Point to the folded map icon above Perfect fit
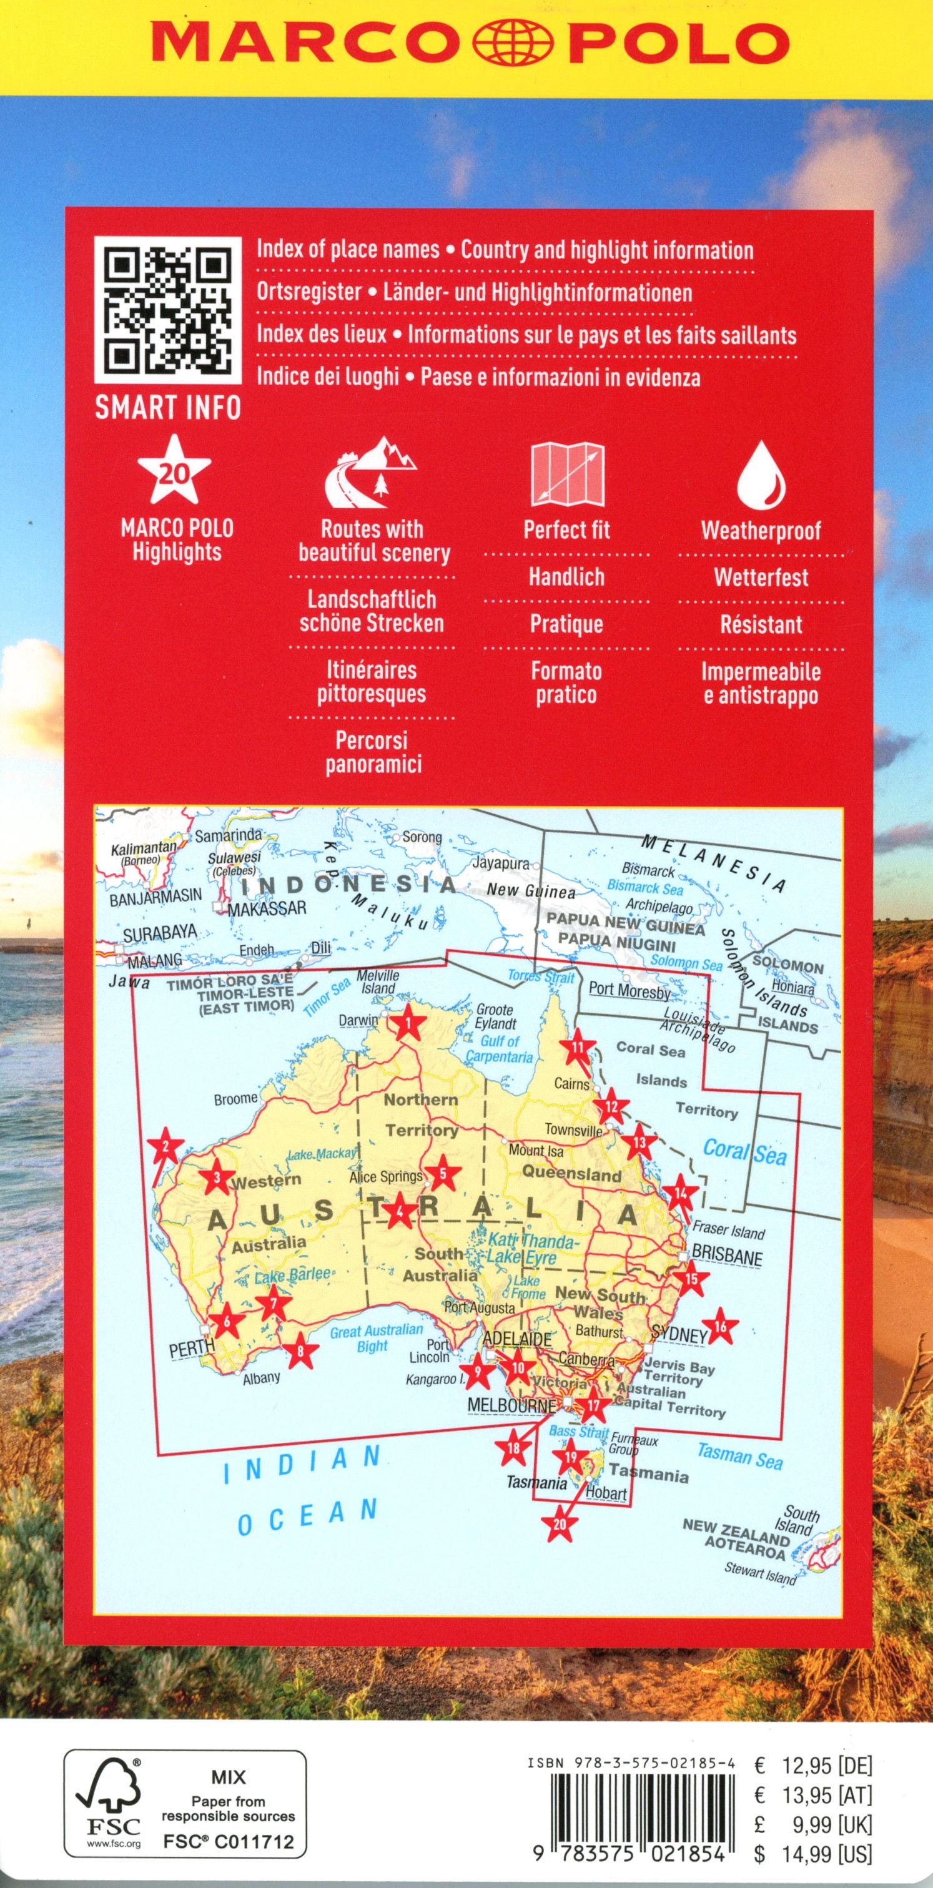click(x=567, y=474)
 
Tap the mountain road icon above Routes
click(x=371, y=475)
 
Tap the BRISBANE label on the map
click(x=727, y=1255)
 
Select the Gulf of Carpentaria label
click(x=499, y=1049)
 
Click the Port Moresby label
click(x=629, y=990)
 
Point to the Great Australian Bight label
click(x=375, y=1337)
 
